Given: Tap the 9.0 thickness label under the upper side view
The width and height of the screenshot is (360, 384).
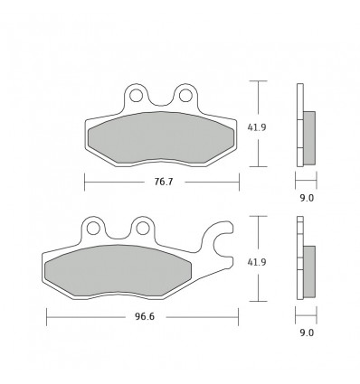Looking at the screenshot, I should coord(308,195).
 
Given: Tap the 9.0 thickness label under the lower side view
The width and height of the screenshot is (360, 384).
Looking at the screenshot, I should coord(308,332).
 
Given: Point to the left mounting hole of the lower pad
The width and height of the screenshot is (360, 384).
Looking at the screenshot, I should coord(94,227).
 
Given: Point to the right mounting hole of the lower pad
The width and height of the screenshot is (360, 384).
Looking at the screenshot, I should coord(142,227).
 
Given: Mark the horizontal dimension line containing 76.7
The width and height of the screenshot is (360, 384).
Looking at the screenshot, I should coord(109,182).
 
